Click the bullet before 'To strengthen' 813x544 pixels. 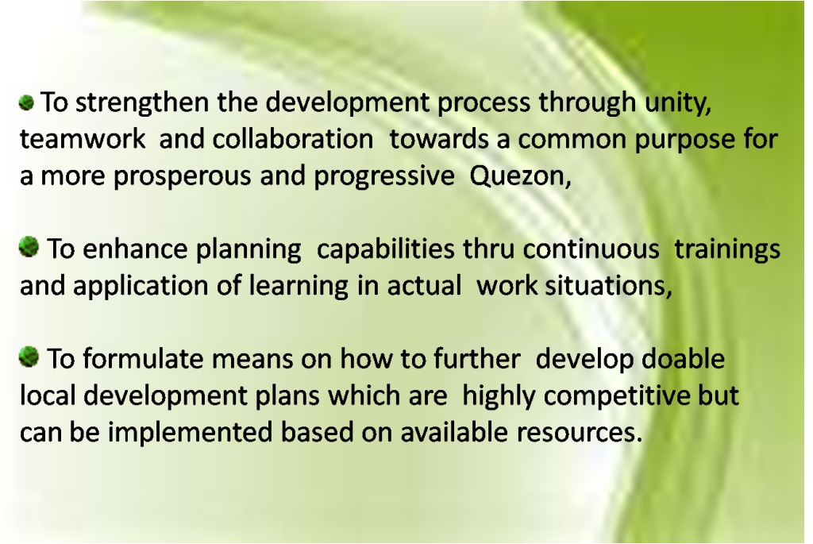pyautogui.click(x=26, y=102)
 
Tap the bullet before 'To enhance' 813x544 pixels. pyautogui.click(x=29, y=246)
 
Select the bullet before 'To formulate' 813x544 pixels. pyautogui.click(x=29, y=357)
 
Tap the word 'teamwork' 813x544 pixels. pyautogui.click(x=83, y=139)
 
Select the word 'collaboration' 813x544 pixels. pyautogui.click(x=292, y=139)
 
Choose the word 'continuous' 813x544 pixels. pyautogui.click(x=591, y=249)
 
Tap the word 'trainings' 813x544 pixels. pyautogui.click(x=727, y=250)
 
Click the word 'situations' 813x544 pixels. pyautogui.click(x=606, y=286)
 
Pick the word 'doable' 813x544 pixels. pyautogui.click(x=683, y=359)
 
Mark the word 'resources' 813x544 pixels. pyautogui.click(x=576, y=433)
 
